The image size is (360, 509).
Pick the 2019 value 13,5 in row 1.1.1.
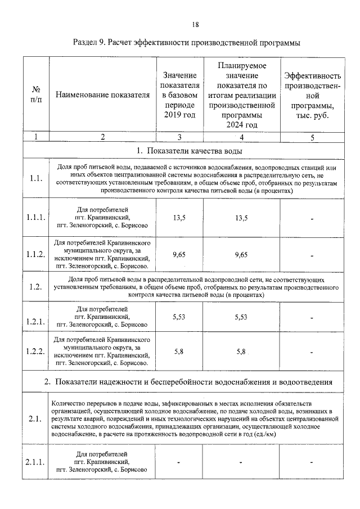(x=179, y=218)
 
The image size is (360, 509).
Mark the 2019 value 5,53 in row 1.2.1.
(x=179, y=317)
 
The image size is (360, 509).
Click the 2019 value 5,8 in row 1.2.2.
(x=179, y=352)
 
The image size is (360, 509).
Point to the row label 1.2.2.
(x=35, y=352)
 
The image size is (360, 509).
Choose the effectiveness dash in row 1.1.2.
(x=312, y=255)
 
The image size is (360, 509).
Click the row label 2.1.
(x=35, y=419)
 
